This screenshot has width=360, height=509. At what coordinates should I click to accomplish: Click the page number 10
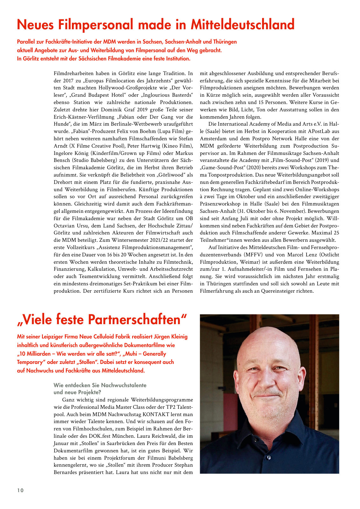tap(20, 490)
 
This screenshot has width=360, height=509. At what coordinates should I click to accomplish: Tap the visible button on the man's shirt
tap(269, 458)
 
